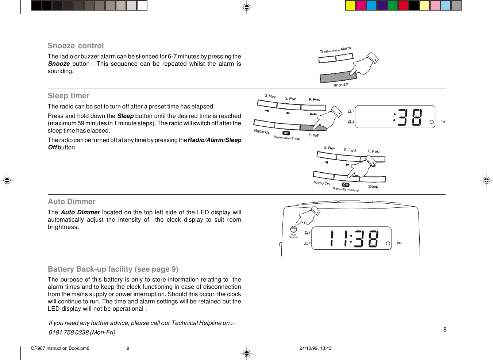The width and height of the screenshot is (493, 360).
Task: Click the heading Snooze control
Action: (76, 46)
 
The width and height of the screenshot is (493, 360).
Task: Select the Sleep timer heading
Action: (68, 96)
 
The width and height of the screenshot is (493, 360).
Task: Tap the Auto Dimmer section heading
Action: (72, 202)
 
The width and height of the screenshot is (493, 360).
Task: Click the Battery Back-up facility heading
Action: (113, 269)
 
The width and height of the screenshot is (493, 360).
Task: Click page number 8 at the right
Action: (445, 329)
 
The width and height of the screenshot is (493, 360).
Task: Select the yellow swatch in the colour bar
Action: (350, 5)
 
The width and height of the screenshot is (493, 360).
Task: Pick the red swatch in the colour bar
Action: (403, 5)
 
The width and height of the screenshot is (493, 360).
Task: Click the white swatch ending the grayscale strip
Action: (142, 5)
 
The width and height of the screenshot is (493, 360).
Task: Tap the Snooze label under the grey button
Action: (340, 85)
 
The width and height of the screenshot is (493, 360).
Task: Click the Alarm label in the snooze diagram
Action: (346, 49)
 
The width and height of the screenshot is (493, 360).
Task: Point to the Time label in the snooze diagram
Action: (324, 51)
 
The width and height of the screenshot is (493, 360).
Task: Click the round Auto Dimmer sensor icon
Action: (293, 229)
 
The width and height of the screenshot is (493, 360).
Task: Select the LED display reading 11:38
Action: (351, 238)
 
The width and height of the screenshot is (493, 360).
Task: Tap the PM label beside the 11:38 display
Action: (399, 243)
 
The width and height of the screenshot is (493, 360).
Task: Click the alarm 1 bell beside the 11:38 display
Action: (306, 233)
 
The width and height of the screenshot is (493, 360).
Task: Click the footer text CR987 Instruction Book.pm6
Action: (60, 348)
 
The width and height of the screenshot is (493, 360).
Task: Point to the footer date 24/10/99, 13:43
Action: (315, 348)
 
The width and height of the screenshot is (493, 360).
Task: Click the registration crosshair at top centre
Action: (247, 7)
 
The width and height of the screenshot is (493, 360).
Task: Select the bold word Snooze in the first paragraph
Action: (59, 64)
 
